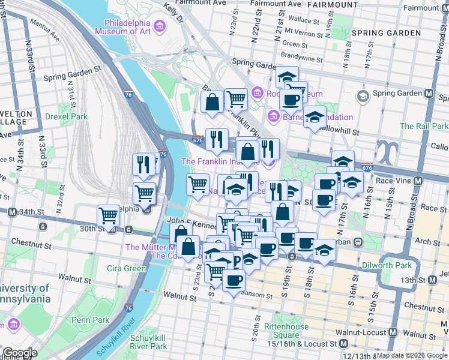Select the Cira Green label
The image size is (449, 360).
tap(126, 268)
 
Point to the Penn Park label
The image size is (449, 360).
tap(90, 320)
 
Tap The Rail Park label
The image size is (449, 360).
tap(424, 126)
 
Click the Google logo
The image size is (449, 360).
tap(20, 353)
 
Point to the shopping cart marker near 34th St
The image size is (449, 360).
tap(108, 215)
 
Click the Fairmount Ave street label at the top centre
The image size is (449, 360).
tap(276, 4)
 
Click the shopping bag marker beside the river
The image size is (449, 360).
tap(188, 247)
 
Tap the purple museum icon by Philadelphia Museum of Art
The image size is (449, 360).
tap(160, 26)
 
